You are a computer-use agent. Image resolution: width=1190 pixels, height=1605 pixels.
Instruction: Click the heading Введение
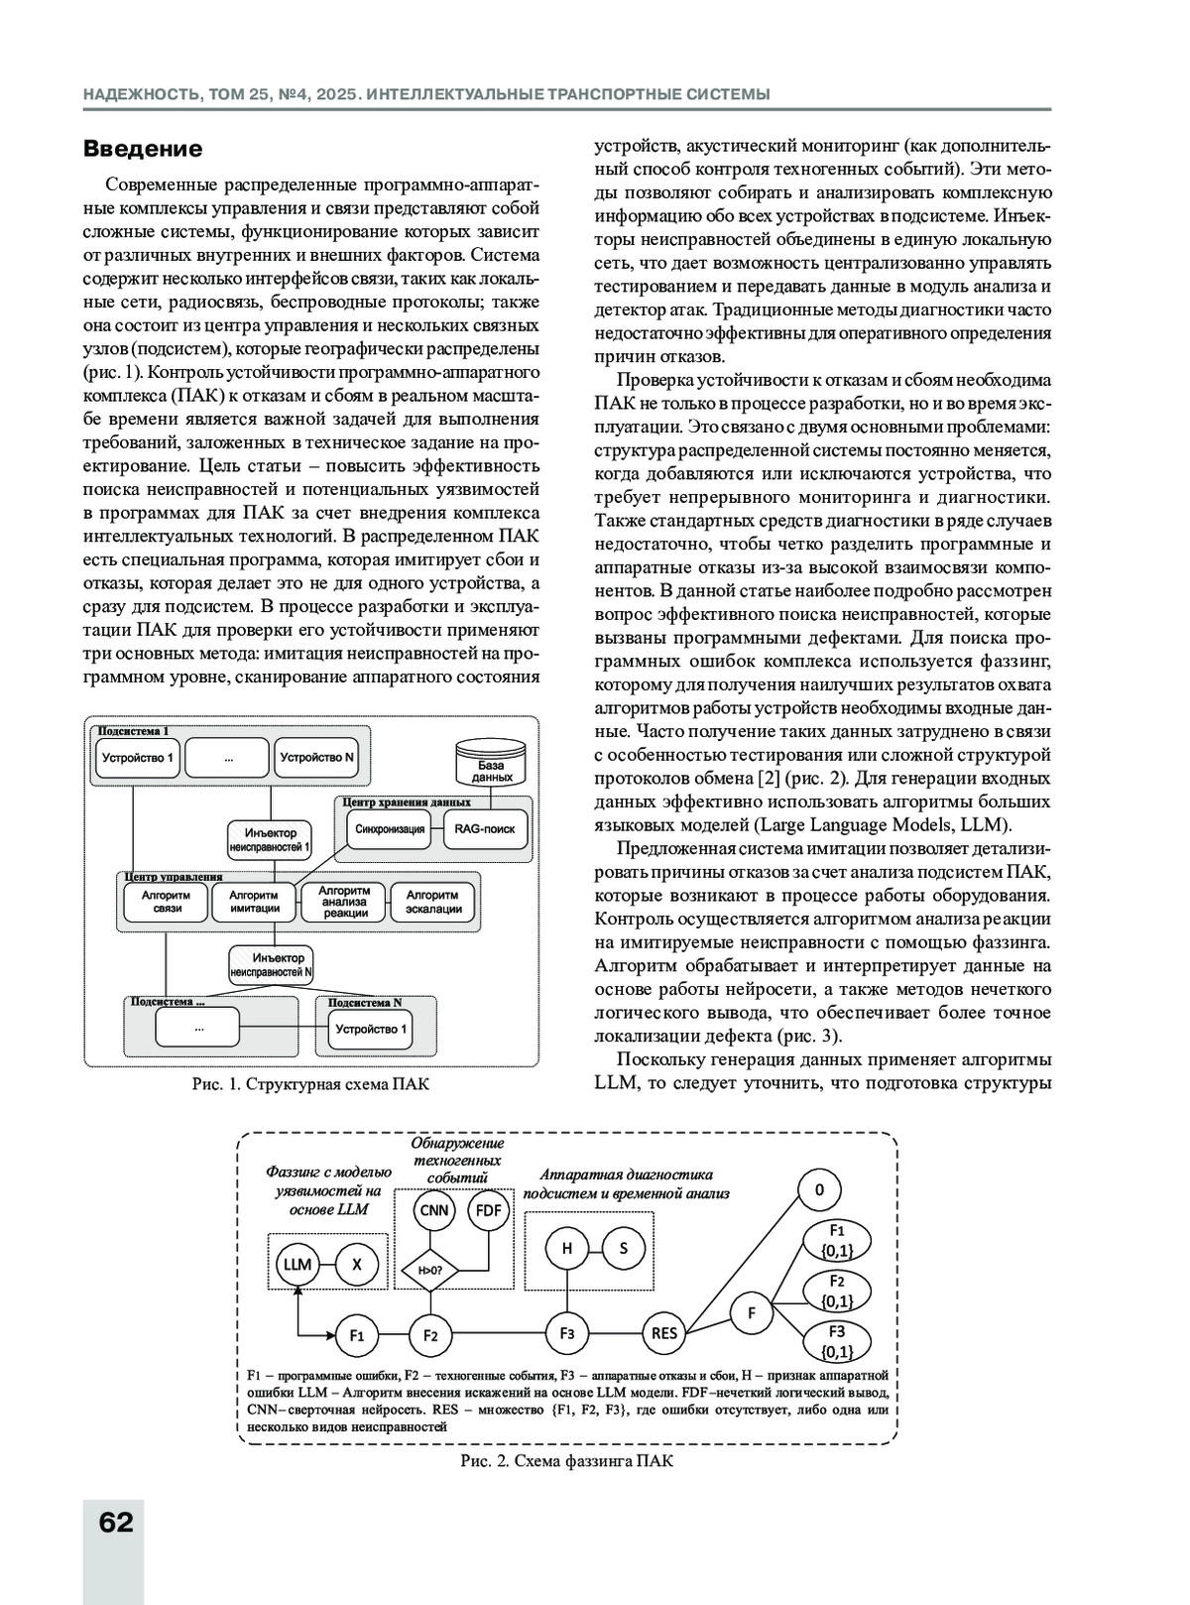click(x=143, y=149)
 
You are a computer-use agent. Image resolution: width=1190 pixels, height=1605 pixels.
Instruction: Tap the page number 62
click(x=116, y=1522)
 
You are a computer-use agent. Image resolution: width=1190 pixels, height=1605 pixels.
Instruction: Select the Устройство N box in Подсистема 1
click(x=316, y=758)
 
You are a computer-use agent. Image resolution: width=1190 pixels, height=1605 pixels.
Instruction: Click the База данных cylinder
click(x=490, y=764)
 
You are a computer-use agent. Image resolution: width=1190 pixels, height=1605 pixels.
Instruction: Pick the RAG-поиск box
click(x=485, y=829)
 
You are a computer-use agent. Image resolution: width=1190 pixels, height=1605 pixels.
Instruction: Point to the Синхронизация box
click(x=390, y=829)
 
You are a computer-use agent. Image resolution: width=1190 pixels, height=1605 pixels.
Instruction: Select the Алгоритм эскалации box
click(x=433, y=902)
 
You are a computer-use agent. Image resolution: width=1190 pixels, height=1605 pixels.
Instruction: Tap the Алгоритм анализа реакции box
click(x=344, y=902)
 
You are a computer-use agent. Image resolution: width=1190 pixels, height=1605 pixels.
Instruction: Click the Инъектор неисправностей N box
click(x=271, y=965)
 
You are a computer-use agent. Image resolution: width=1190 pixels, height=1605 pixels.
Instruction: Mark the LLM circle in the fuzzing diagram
click(x=297, y=1265)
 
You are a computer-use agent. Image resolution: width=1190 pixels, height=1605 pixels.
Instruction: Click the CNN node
click(x=434, y=1210)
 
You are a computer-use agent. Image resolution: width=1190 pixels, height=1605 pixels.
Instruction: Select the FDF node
click(x=489, y=1210)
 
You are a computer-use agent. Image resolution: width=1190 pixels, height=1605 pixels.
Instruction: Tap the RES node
click(x=663, y=1333)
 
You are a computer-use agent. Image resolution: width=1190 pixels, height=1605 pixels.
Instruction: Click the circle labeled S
click(x=624, y=1248)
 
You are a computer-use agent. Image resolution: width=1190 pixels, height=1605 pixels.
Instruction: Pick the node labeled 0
click(x=819, y=1190)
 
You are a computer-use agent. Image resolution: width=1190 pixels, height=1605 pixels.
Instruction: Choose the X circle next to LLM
click(x=358, y=1265)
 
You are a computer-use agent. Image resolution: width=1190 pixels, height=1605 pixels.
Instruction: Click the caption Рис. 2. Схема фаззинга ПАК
click(x=566, y=1462)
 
